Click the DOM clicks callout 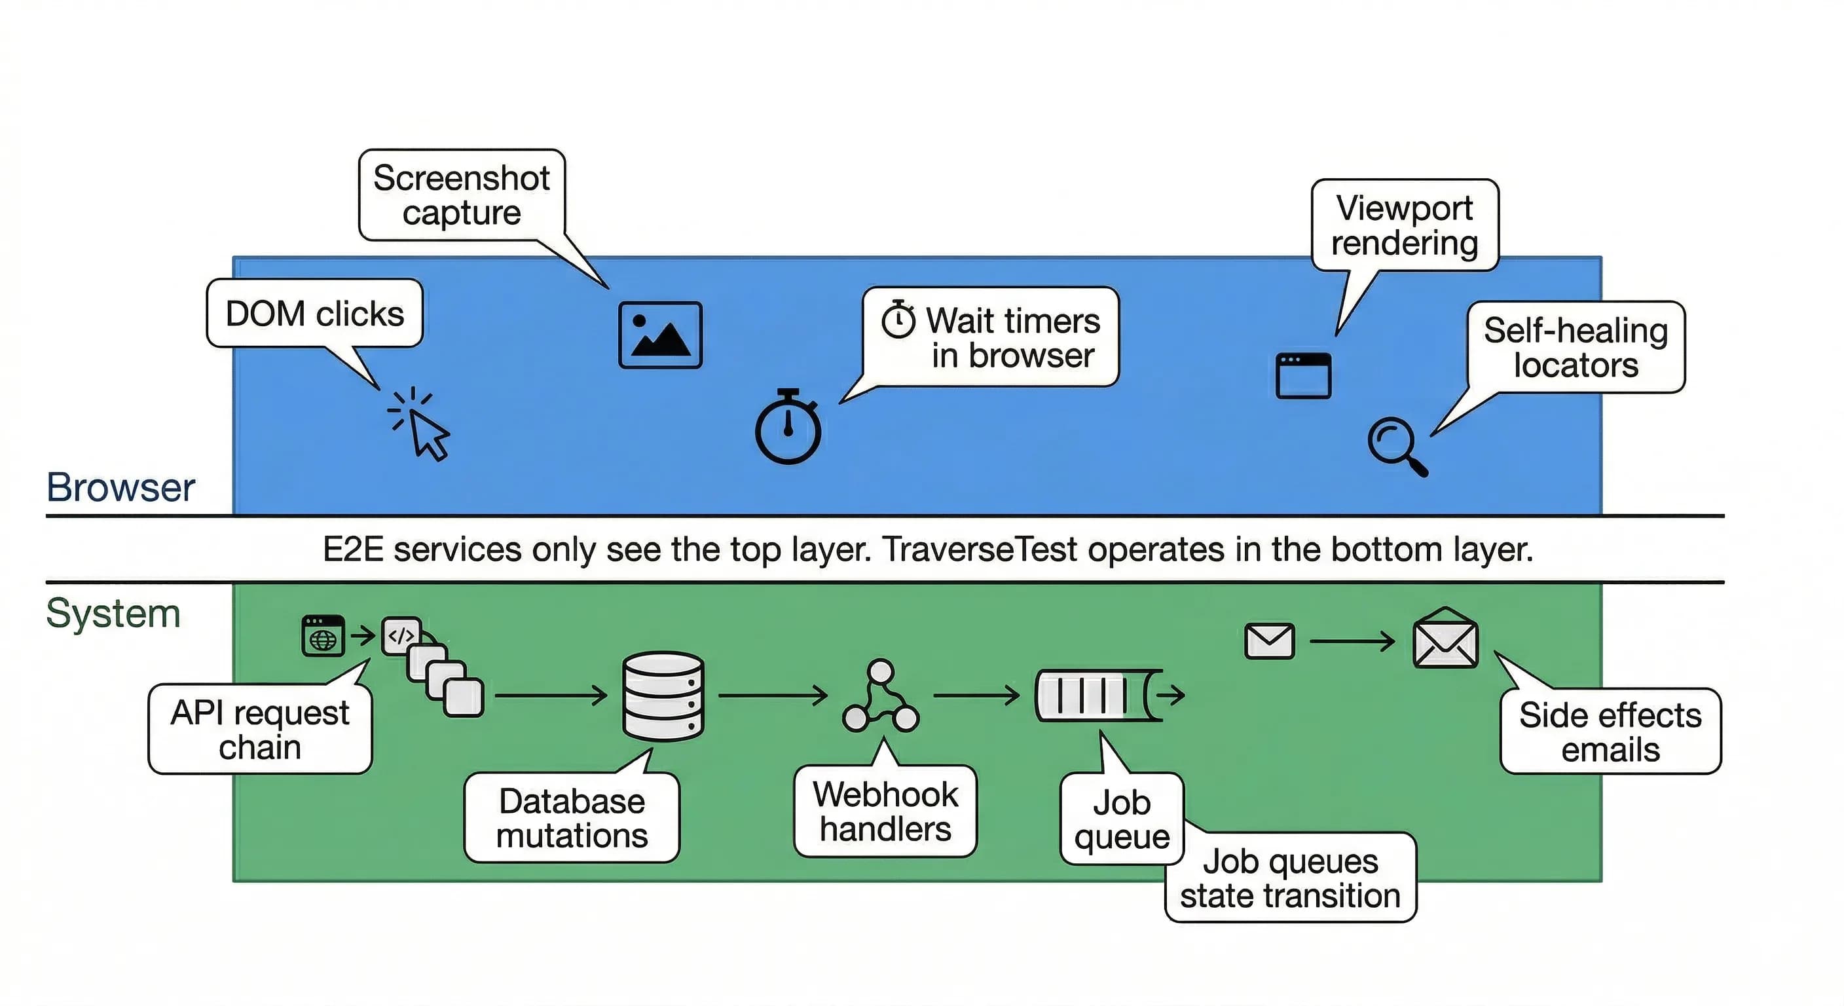(x=315, y=314)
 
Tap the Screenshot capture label (x=462, y=195)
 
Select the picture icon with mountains (x=660, y=335)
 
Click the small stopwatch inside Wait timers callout (x=898, y=320)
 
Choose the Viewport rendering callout (x=1405, y=225)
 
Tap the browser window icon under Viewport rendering (x=1304, y=375)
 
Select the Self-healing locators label (x=1576, y=347)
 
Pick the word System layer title (x=113, y=614)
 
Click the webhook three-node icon (x=881, y=698)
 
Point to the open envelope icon (x=1445, y=639)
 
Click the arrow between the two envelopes (x=1352, y=641)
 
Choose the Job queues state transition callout (x=1290, y=878)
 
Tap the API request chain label (x=260, y=730)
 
